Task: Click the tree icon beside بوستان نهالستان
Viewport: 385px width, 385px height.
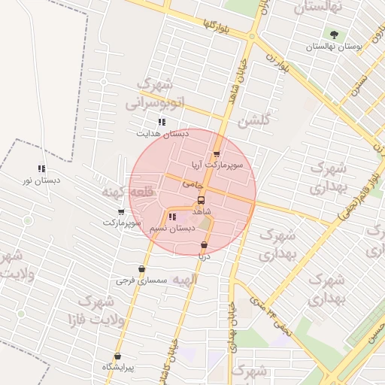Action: point(334,35)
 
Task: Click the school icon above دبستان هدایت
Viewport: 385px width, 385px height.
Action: point(161,122)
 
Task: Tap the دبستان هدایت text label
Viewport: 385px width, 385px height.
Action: point(162,134)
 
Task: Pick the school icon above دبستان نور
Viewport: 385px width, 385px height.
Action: point(41,169)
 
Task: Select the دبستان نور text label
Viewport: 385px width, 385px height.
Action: point(42,180)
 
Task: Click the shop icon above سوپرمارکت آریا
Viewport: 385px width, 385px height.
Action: point(217,154)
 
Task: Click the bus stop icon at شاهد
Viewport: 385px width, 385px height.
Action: point(201,201)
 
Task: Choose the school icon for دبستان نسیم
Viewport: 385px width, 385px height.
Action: point(173,217)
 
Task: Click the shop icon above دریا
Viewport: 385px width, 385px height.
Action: point(204,245)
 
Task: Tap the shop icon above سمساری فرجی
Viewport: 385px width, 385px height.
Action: point(141,269)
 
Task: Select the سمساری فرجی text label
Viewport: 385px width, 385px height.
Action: point(141,280)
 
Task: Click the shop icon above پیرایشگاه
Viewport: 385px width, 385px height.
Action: point(117,356)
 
